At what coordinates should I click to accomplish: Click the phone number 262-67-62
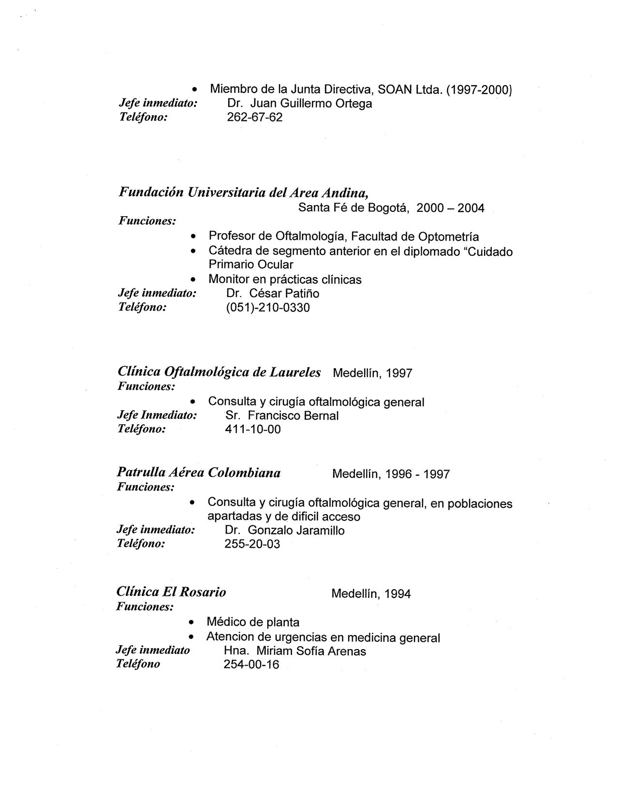click(254, 117)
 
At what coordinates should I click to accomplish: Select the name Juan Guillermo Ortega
click(311, 104)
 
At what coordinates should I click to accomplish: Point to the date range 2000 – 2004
click(450, 208)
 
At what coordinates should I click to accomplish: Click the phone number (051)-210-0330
click(268, 307)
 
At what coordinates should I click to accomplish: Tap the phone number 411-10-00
click(253, 429)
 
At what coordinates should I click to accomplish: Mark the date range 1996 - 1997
click(417, 474)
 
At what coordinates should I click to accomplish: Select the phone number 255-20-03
click(252, 544)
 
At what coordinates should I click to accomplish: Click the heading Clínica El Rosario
click(171, 592)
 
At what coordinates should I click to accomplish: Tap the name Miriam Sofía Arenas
click(311, 651)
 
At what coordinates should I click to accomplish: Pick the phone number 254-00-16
click(251, 664)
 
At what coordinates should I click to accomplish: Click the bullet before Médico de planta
click(192, 623)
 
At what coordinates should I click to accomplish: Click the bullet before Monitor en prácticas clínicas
click(193, 280)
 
